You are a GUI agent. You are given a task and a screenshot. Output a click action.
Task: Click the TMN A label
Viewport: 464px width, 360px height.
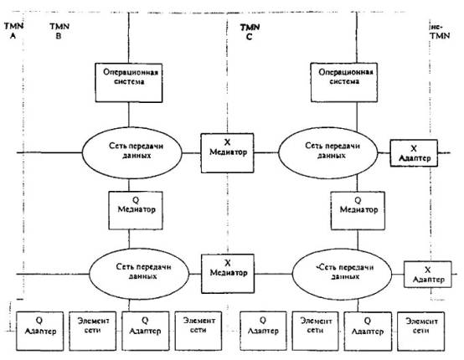(13, 30)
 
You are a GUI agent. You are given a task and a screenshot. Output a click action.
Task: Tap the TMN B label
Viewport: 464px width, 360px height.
(59, 31)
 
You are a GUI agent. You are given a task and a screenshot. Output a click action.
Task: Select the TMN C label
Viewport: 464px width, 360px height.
(250, 32)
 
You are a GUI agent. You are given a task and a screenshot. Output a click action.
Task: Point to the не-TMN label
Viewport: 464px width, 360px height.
(440, 31)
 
